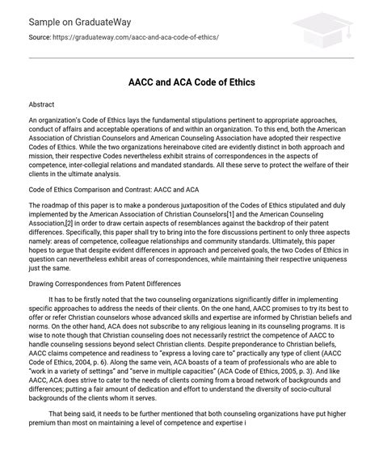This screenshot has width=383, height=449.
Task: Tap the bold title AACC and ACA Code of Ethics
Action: coord(191,82)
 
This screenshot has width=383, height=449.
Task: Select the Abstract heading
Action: coord(43,106)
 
